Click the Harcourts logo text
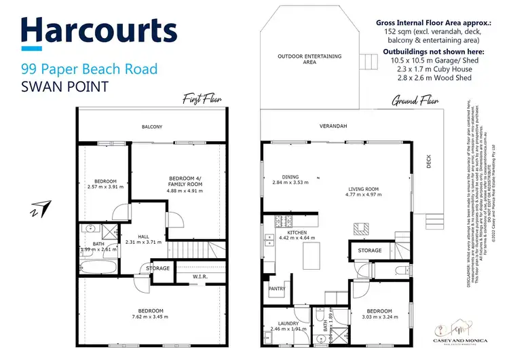click(x=100, y=31)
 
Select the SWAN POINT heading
click(x=65, y=88)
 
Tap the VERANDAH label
click(x=334, y=127)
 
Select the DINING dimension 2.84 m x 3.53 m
click(x=286, y=183)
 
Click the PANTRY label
click(x=278, y=289)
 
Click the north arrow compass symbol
click(x=40, y=208)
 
